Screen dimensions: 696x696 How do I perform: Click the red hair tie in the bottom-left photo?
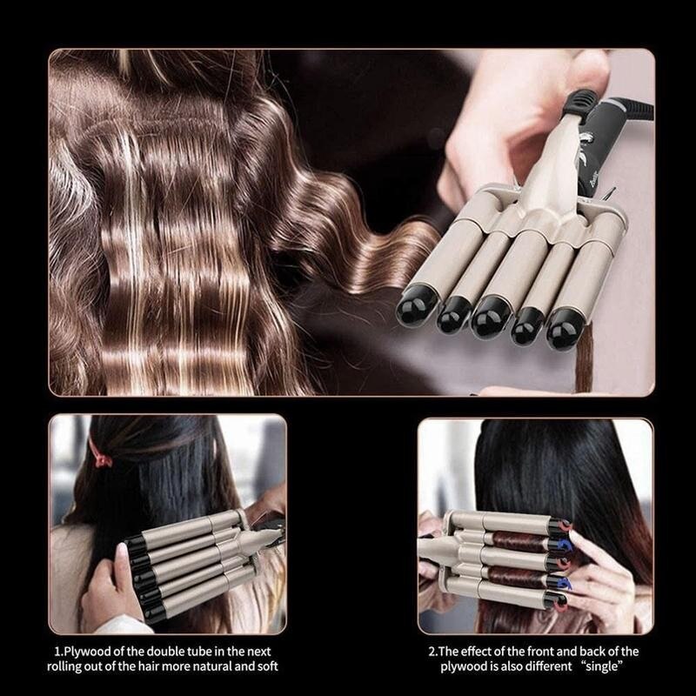point(101,454)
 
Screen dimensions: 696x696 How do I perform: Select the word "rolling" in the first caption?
point(79,667)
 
